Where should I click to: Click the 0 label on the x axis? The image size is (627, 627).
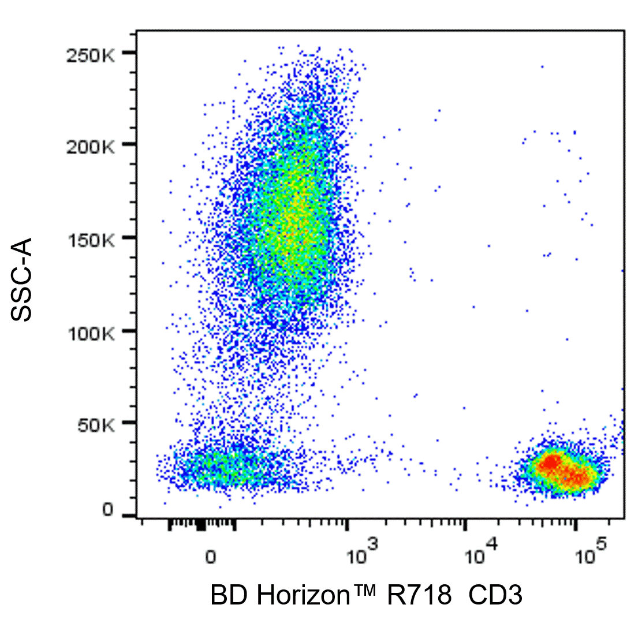click(211, 558)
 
